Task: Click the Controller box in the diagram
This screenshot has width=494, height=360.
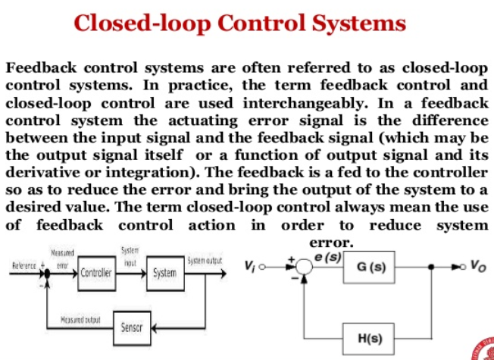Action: tap(96, 273)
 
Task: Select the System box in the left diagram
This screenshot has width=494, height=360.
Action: tap(164, 273)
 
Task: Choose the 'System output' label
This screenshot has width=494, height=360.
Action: tap(204, 261)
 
